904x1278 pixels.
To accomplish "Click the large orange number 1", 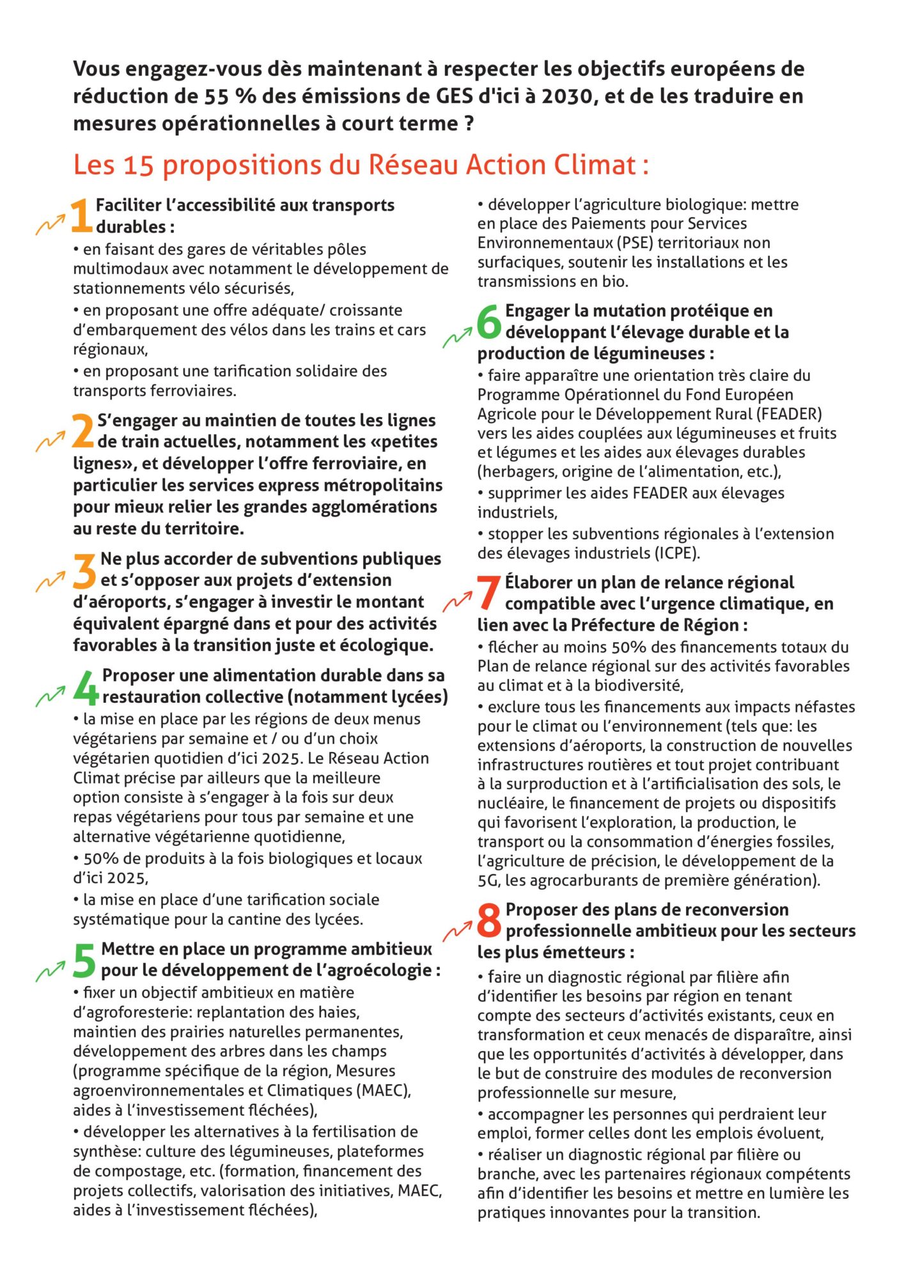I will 81,216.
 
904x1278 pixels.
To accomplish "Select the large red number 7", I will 489,593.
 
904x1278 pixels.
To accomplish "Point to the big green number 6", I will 490,321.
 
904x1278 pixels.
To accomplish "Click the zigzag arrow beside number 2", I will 51,441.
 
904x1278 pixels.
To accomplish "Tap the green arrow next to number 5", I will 51,971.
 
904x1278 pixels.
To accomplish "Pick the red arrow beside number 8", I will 457,931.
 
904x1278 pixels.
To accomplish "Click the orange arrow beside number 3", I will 51,581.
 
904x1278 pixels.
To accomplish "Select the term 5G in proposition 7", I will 488,880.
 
